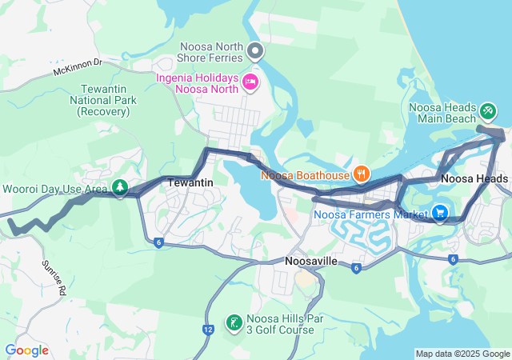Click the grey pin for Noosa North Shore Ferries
(256, 52)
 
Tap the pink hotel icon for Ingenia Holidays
(250, 81)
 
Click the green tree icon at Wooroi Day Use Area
(119, 188)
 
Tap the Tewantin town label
(190, 183)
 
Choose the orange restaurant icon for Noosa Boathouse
(362, 174)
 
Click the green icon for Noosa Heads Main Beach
(488, 108)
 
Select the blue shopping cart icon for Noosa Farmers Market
(439, 213)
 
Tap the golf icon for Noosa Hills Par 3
(234, 322)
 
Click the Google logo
(26, 350)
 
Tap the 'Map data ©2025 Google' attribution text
(462, 354)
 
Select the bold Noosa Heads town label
(474, 179)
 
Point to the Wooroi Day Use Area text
(55, 189)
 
